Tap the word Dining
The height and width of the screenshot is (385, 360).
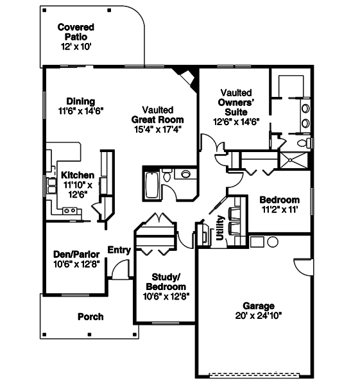[80, 101]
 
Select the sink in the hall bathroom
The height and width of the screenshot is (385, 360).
[186, 174]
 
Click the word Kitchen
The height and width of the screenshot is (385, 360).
[78, 175]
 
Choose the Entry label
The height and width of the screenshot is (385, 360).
[119, 250]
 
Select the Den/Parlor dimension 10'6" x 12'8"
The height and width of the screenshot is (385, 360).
[76, 263]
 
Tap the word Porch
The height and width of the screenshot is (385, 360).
[90, 316]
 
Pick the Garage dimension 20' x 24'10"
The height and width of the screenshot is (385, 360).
[259, 315]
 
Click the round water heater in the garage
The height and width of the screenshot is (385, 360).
[272, 243]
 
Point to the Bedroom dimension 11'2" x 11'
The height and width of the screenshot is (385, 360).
[280, 209]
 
